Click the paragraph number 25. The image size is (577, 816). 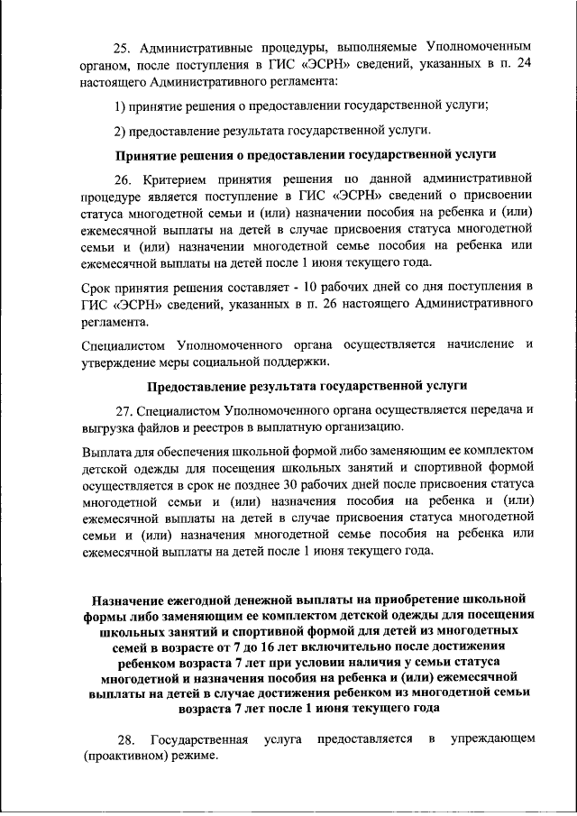point(123,44)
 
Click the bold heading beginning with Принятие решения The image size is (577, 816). point(307,154)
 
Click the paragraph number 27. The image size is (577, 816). point(124,409)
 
